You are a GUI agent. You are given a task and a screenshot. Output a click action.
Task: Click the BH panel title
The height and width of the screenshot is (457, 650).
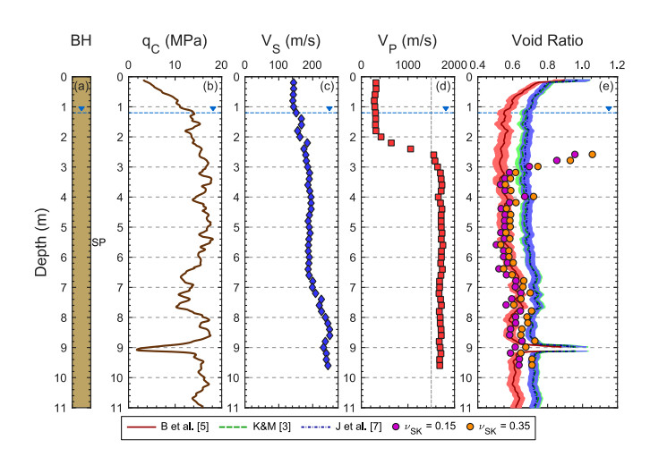pyautogui.click(x=82, y=39)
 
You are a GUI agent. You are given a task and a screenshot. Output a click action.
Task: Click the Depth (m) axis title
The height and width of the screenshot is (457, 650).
pyautogui.click(x=40, y=241)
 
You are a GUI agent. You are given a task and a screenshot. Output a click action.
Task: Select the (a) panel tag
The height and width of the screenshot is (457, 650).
pyautogui.click(x=82, y=87)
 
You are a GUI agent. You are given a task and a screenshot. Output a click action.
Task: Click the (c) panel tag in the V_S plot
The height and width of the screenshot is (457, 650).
pyautogui.click(x=328, y=87)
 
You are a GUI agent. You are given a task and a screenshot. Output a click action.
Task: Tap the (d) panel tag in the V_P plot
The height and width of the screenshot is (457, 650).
pyautogui.click(x=443, y=87)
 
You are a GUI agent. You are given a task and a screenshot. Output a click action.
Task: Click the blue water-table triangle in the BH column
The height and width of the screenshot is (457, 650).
pyautogui.click(x=81, y=109)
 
